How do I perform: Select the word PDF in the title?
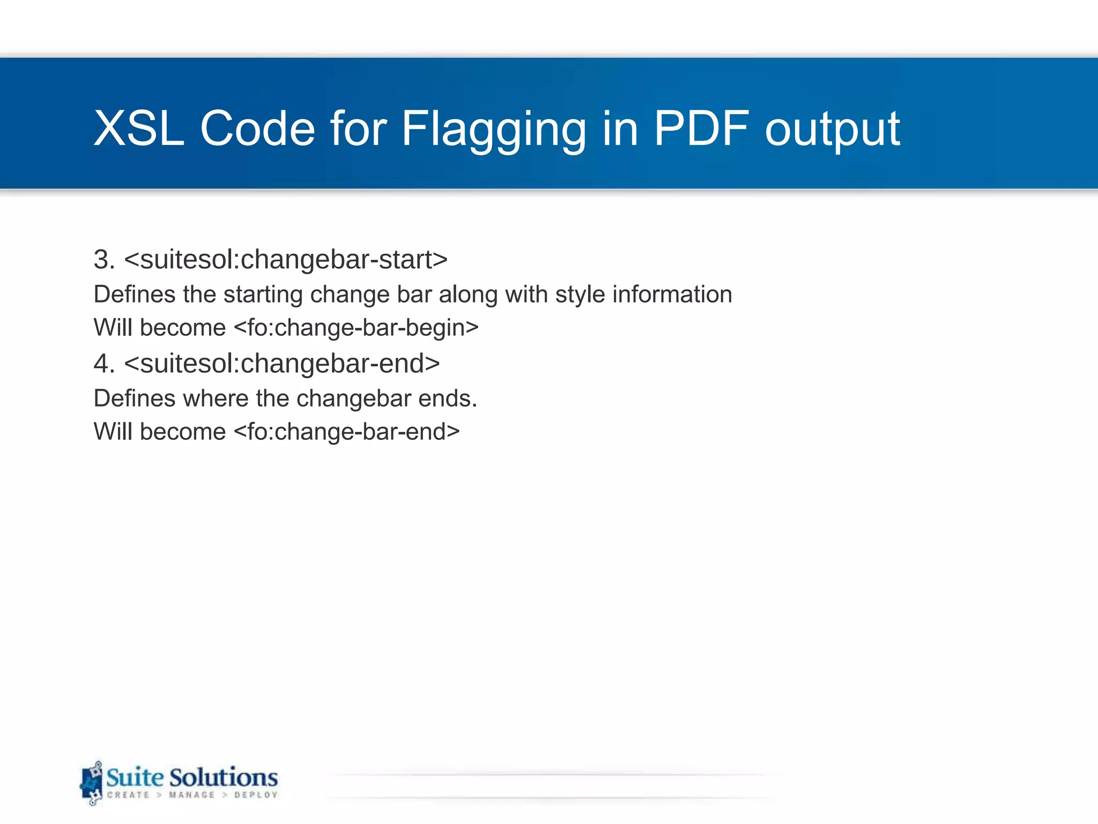(x=701, y=129)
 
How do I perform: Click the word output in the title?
(x=832, y=129)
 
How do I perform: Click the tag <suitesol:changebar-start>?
(x=286, y=260)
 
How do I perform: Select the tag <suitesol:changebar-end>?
(x=282, y=364)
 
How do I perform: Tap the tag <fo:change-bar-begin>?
(x=356, y=328)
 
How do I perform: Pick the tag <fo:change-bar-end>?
(x=347, y=432)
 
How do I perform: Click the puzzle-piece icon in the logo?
(x=92, y=783)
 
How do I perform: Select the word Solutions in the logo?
(x=224, y=777)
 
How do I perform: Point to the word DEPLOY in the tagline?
(x=256, y=795)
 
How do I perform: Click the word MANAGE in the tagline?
(x=191, y=795)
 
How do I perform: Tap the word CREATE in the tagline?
(x=128, y=795)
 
